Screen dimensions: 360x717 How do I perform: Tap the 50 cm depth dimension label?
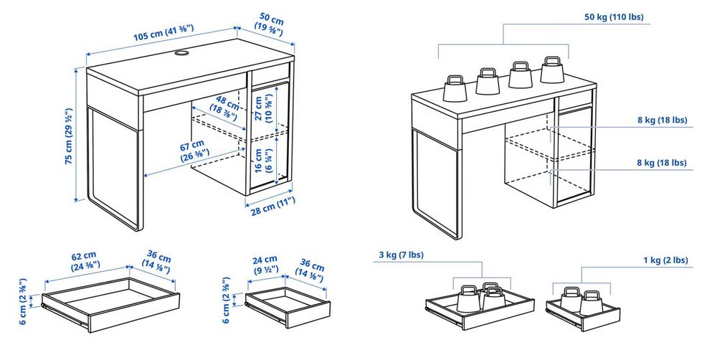click(269, 22)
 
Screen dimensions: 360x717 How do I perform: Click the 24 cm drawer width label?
click(265, 264)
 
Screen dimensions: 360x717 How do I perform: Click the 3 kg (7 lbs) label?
click(401, 256)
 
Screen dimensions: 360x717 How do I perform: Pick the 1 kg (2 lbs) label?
click(665, 260)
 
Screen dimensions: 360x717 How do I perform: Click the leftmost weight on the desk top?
click(455, 87)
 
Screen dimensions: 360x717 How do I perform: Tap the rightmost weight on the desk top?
click(552, 70)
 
